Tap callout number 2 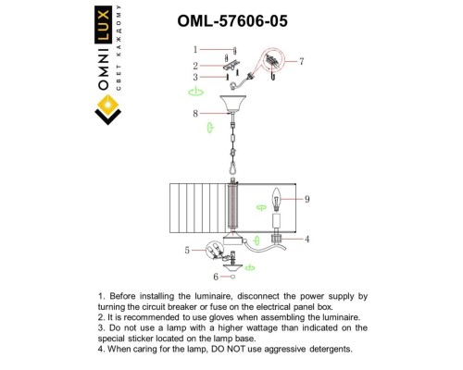click(195, 66)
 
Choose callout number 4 click(307, 239)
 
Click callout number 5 click(188, 250)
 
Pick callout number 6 click(217, 276)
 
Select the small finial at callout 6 click(231, 275)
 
